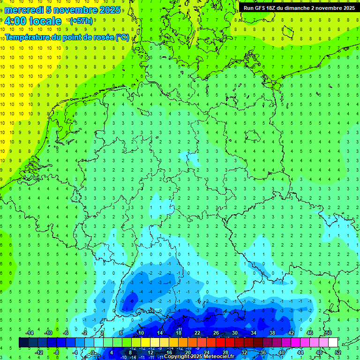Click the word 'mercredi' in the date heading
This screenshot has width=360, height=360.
24,10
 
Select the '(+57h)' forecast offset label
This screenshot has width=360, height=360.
81,21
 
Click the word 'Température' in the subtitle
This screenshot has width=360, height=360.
29,37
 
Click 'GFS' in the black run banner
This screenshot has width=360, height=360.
259,8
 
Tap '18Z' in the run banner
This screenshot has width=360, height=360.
273,8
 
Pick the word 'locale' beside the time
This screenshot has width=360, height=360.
45,21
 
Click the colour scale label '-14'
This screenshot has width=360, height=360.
30,332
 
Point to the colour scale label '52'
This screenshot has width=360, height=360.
338,352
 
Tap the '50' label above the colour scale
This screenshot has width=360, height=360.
328,332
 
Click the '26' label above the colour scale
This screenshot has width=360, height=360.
216,332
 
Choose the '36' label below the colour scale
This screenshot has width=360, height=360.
263,352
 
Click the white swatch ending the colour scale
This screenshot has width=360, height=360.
333,342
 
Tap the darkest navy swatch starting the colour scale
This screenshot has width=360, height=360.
23,342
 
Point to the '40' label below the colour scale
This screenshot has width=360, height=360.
281,352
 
